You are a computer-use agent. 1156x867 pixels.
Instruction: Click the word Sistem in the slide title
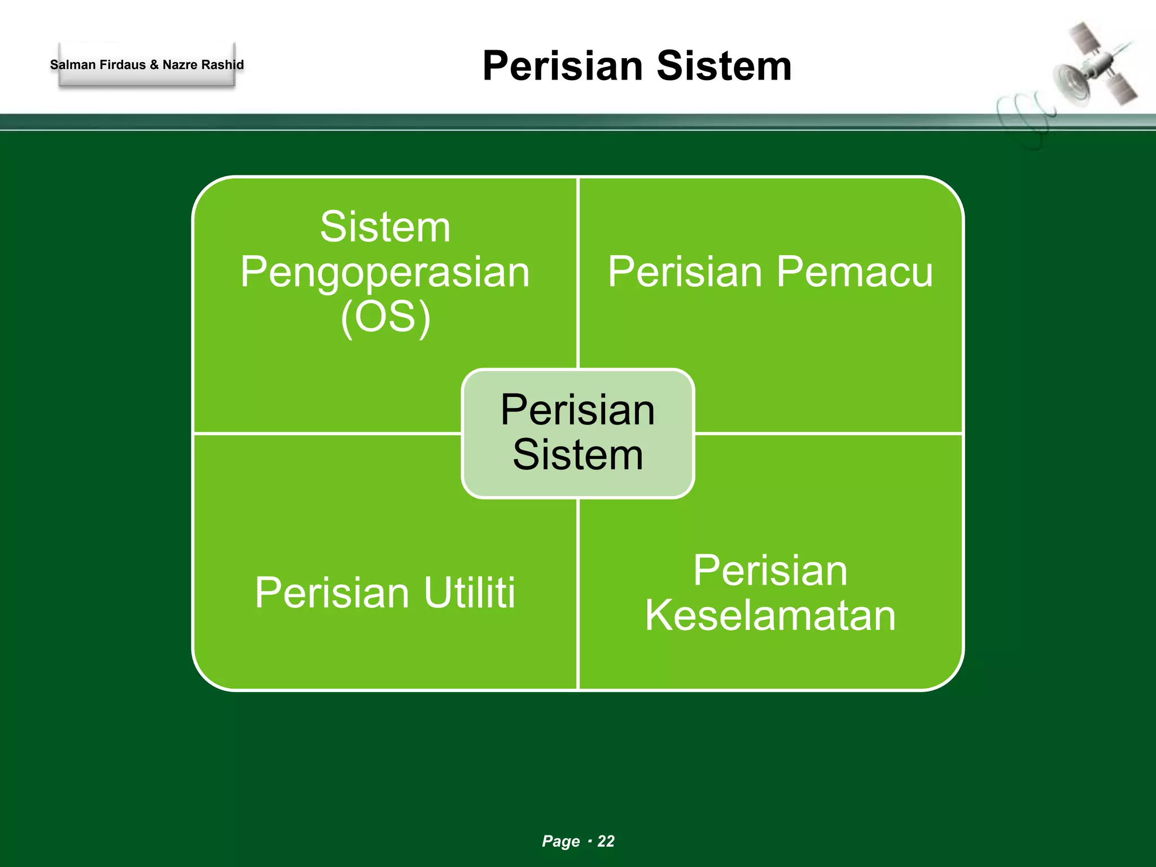click(x=724, y=66)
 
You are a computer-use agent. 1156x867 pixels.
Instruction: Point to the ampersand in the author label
click(x=154, y=65)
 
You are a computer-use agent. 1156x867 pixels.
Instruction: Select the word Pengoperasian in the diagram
click(x=385, y=272)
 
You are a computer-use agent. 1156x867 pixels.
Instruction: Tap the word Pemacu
click(x=854, y=272)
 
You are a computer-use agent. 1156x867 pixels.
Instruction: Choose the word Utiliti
click(x=470, y=593)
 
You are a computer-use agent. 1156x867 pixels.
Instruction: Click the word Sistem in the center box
click(x=578, y=455)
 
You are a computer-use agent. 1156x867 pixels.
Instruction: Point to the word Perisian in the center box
click(x=578, y=410)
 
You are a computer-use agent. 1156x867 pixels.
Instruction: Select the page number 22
click(x=606, y=841)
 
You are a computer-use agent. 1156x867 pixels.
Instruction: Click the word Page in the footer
click(x=561, y=841)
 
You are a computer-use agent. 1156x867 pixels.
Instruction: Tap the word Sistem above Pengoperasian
click(x=386, y=227)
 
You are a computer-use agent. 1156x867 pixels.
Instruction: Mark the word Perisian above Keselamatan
click(x=770, y=571)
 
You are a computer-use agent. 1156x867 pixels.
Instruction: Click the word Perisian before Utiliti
click(x=332, y=593)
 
